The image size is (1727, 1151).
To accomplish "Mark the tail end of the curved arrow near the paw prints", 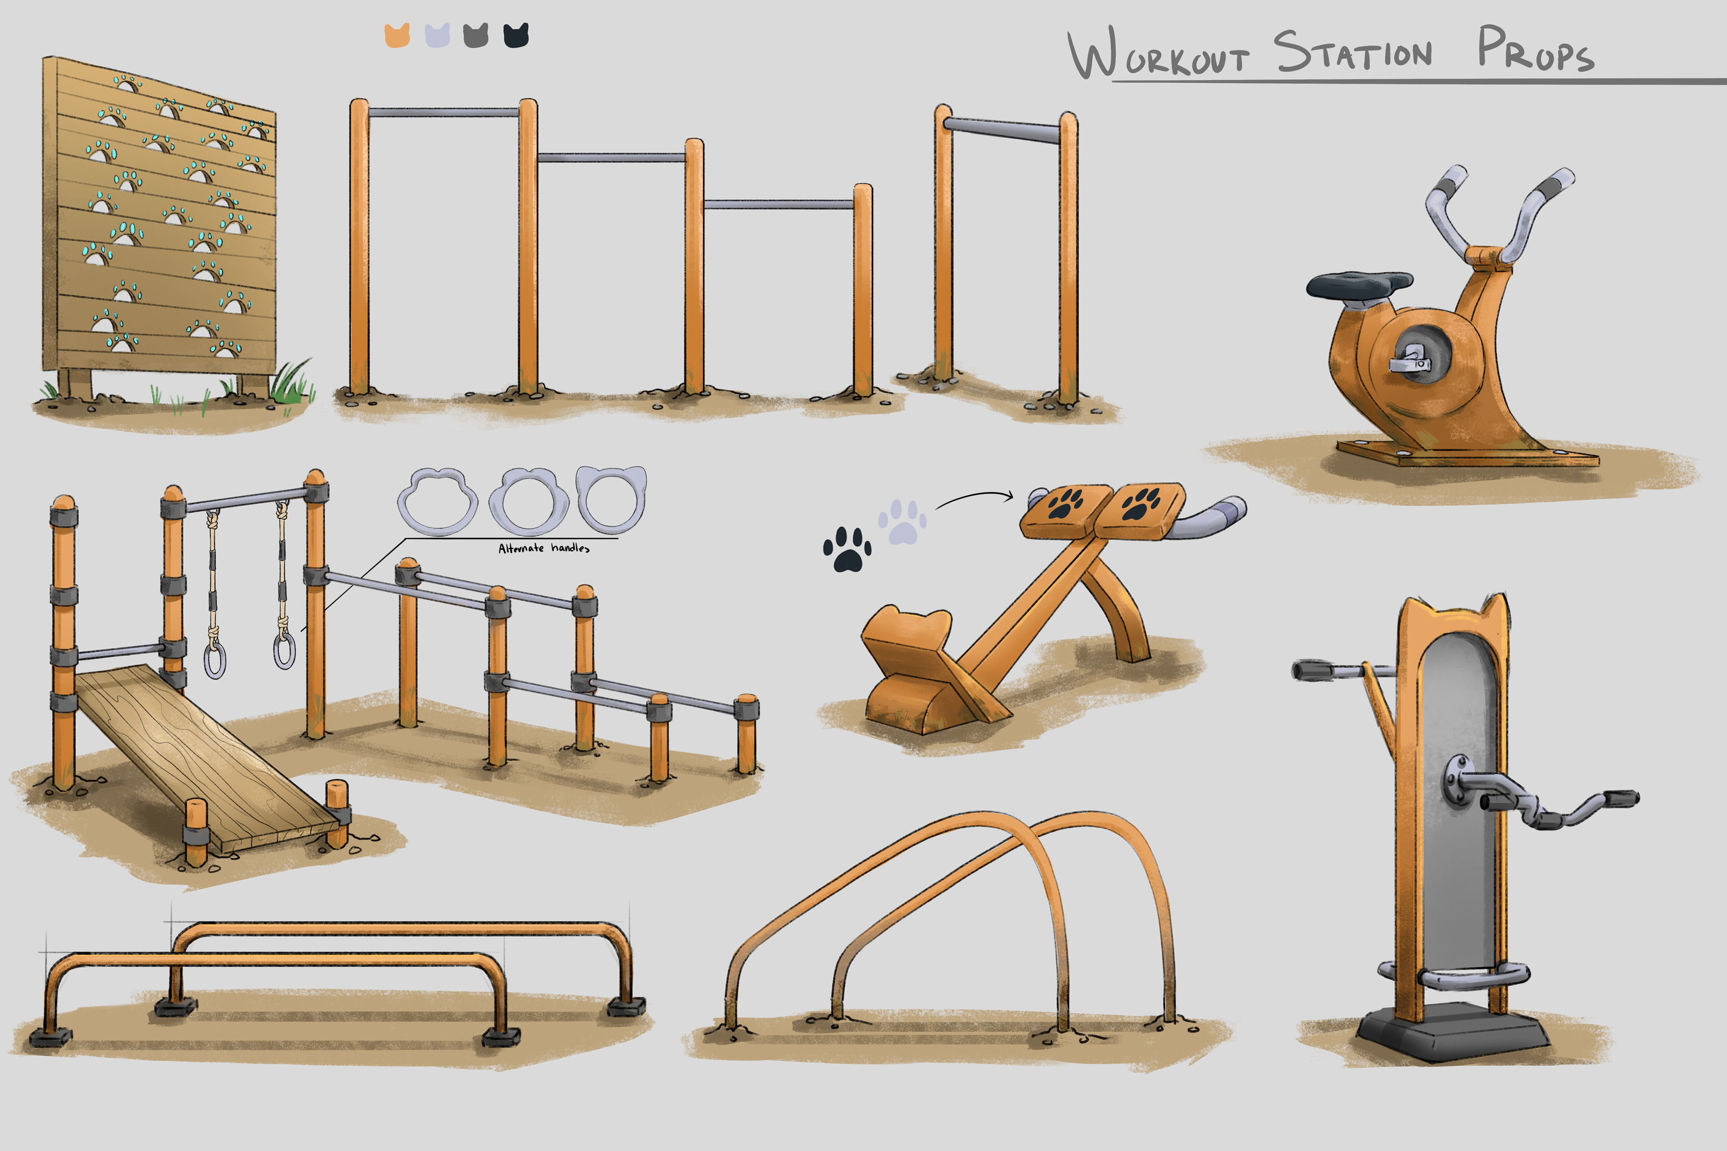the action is (x=936, y=509).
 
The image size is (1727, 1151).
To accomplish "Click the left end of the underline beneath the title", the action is (x=1113, y=81).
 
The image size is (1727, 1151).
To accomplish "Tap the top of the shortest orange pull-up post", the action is (x=863, y=187).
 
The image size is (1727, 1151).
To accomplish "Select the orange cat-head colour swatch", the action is (x=397, y=35).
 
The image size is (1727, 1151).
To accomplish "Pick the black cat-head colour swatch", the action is (x=515, y=35).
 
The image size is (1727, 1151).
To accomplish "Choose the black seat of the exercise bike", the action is (x=1358, y=284).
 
